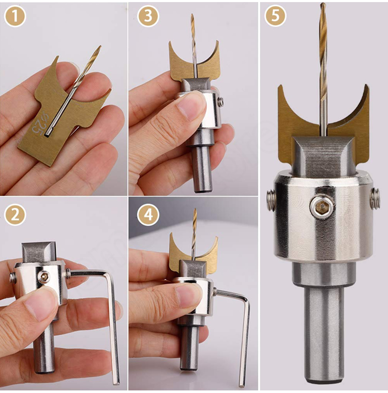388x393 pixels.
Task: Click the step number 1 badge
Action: [16, 16]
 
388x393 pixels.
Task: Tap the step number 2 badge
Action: [16, 215]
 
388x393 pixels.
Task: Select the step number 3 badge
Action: [148, 16]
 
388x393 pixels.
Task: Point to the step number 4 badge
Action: [148, 215]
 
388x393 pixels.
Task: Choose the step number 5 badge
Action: [275, 16]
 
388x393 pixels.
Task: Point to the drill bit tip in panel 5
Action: [323, 4]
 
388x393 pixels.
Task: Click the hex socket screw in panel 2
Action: [44, 276]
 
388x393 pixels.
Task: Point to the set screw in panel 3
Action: [220, 101]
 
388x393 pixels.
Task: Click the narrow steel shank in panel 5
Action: [323, 337]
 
